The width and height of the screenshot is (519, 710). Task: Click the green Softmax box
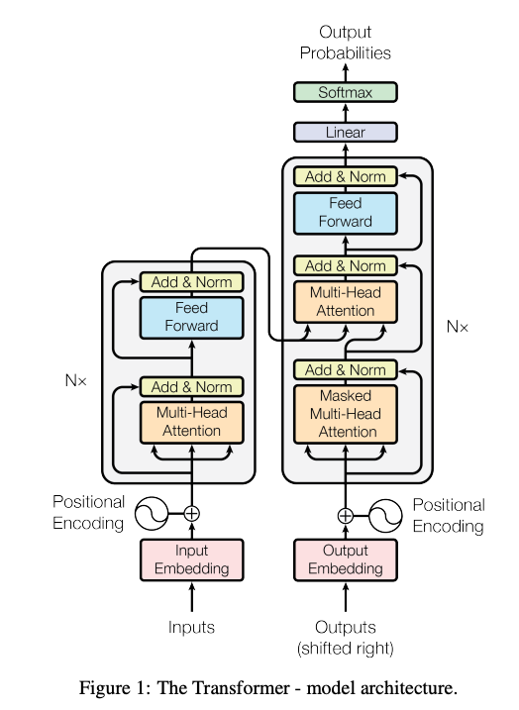click(346, 92)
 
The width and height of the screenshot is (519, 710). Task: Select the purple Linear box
click(346, 132)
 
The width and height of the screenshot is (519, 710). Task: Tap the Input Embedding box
click(191, 559)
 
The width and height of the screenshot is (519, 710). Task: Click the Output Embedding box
click(346, 559)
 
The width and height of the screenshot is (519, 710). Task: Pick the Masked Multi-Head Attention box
click(346, 413)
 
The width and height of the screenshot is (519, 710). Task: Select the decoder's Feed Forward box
click(346, 213)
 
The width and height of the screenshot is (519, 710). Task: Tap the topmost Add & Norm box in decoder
click(346, 176)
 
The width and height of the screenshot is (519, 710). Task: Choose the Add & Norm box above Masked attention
click(346, 369)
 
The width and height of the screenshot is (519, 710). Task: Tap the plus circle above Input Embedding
click(191, 513)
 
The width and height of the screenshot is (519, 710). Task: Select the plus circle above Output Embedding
click(346, 515)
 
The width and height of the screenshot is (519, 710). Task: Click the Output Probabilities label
click(346, 43)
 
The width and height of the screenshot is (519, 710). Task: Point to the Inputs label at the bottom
click(191, 627)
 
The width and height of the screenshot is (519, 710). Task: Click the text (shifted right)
click(346, 649)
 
